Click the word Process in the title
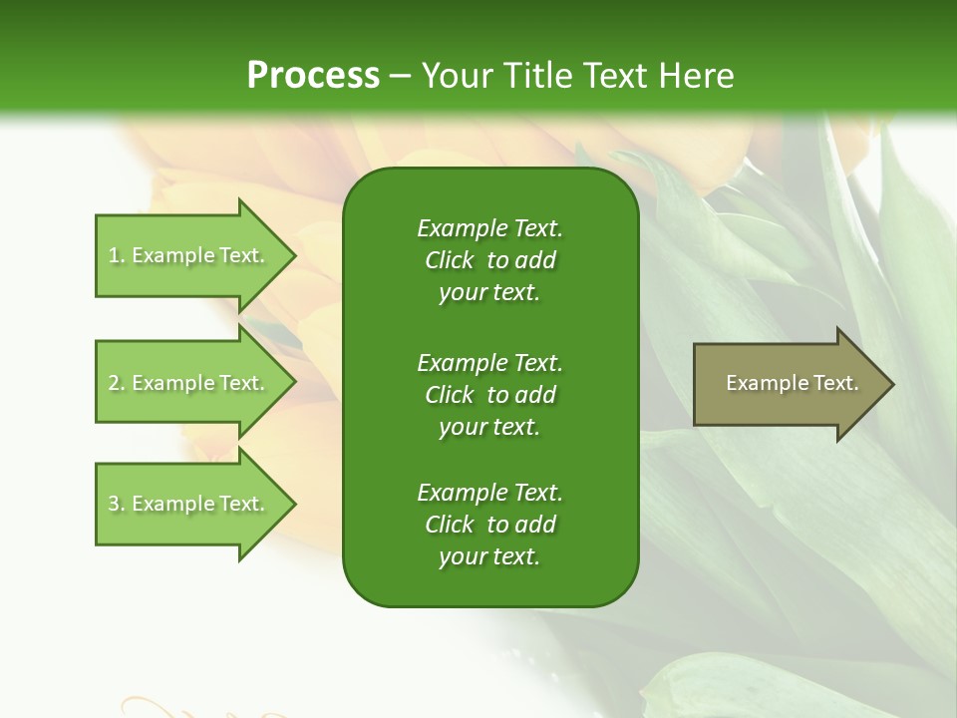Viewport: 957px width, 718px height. (313, 76)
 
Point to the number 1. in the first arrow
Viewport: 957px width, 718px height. (117, 255)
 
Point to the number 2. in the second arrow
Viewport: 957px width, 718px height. (117, 383)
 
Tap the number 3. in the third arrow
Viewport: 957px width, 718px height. (117, 504)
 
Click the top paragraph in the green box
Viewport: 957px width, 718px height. (489, 260)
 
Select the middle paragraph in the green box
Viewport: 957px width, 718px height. (489, 394)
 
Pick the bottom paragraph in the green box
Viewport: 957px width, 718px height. (489, 525)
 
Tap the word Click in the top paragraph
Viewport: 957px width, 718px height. (449, 260)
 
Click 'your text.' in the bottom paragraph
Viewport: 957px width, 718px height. (489, 556)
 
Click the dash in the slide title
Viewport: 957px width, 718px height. (401, 76)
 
